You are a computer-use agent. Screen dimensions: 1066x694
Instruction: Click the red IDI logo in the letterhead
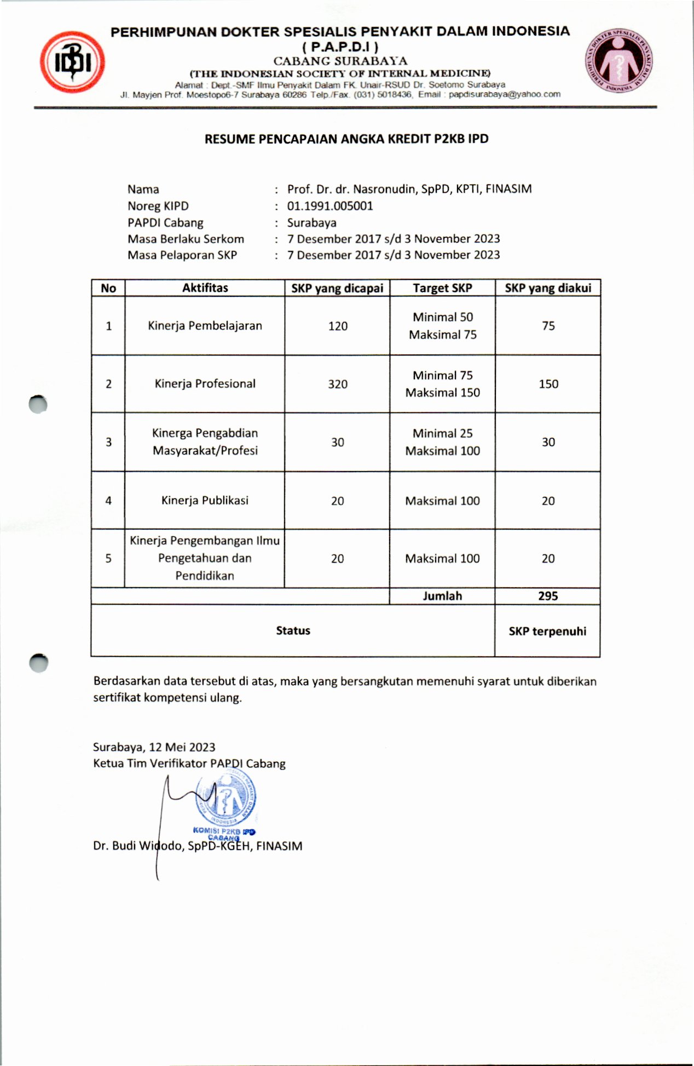click(72, 62)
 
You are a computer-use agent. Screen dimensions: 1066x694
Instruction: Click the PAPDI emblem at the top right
click(619, 61)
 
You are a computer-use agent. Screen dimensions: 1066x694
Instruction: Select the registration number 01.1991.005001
click(330, 207)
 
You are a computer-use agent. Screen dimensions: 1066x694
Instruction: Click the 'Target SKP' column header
click(442, 288)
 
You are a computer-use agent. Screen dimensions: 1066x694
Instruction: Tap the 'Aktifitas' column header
click(205, 288)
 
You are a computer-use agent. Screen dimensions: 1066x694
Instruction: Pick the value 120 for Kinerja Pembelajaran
click(338, 326)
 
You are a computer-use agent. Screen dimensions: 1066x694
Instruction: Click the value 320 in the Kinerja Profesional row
click(338, 384)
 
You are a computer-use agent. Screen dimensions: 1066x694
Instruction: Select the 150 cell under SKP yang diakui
click(548, 384)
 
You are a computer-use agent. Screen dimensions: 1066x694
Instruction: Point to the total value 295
click(548, 596)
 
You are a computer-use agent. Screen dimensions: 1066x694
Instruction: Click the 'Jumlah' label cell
click(442, 596)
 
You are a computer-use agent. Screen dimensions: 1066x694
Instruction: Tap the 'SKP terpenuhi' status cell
click(547, 631)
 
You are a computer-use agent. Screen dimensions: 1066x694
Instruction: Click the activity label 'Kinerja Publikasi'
click(205, 500)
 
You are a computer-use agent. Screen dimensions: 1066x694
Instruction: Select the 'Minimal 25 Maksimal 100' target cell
click(442, 442)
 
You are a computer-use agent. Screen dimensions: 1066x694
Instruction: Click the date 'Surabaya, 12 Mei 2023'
click(154, 747)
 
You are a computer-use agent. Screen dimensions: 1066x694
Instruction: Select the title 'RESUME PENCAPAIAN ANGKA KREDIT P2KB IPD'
click(346, 139)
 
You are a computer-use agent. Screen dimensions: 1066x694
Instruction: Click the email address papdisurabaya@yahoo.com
click(505, 94)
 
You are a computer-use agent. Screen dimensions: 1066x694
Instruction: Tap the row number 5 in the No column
click(108, 558)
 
